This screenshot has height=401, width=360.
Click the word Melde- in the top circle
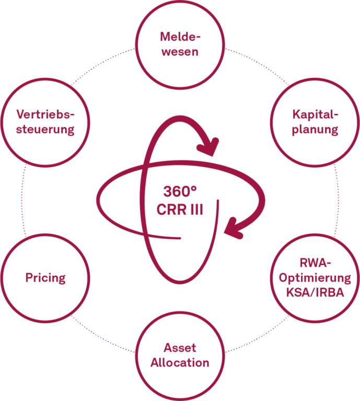pyautogui.click(x=180, y=37)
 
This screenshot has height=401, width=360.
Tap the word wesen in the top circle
pyautogui.click(x=180, y=52)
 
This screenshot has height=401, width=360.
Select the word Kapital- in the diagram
pyautogui.click(x=315, y=114)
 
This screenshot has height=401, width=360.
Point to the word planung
pyautogui.click(x=315, y=129)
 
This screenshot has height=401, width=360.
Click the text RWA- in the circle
pyautogui.click(x=315, y=263)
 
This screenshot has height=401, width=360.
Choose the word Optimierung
pyautogui.click(x=315, y=278)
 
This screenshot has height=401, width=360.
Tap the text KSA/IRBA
pyautogui.click(x=315, y=292)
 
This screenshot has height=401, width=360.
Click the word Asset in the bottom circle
pyautogui.click(x=180, y=348)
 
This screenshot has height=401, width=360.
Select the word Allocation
pyautogui.click(x=180, y=363)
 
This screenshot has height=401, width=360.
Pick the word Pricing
pyautogui.click(x=45, y=278)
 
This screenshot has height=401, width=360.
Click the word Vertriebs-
pyautogui.click(x=45, y=114)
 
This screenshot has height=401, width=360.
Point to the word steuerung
pyautogui.click(x=45, y=129)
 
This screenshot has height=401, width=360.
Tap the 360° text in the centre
pyautogui.click(x=180, y=192)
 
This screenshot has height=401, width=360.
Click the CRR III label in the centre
pyautogui.click(x=180, y=210)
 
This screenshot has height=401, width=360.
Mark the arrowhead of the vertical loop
pyautogui.click(x=208, y=147)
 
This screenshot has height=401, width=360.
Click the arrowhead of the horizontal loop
pyautogui.click(x=234, y=228)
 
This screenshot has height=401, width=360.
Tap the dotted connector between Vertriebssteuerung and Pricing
pyautogui.click(x=22, y=200)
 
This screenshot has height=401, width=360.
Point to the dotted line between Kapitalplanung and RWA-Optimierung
pyautogui.click(x=338, y=200)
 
